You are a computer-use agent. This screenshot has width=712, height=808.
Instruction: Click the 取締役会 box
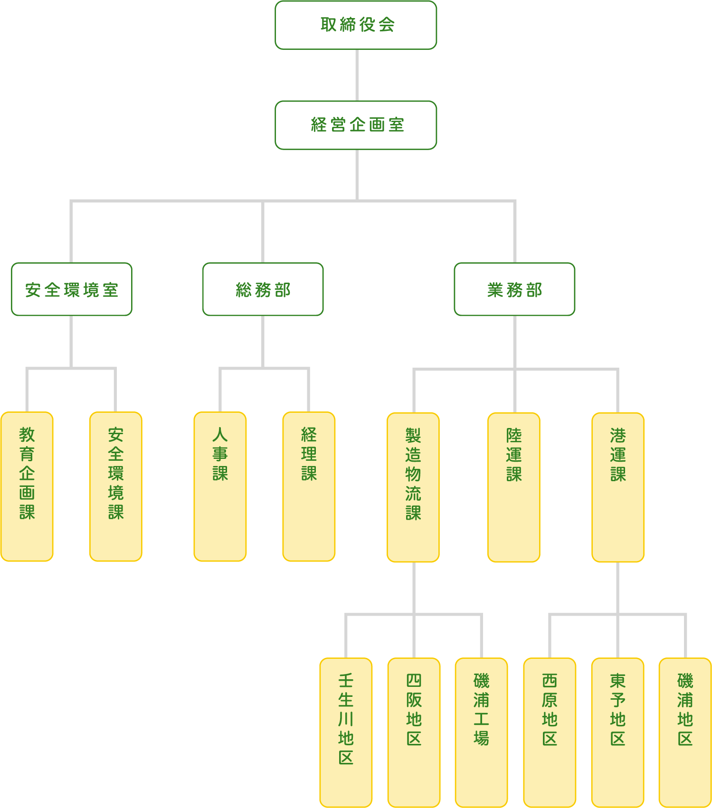coord(356,25)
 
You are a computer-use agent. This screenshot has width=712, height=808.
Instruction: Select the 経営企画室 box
coord(356,125)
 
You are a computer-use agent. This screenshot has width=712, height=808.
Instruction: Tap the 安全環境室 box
coord(72,289)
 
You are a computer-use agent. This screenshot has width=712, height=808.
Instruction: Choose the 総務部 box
coord(263,289)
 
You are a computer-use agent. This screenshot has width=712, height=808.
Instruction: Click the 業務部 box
coord(514,289)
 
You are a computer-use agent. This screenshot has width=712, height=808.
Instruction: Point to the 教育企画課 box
coord(27,486)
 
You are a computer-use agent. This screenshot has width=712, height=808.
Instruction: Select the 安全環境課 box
coord(116,486)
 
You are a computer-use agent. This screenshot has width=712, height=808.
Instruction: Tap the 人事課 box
coord(220,486)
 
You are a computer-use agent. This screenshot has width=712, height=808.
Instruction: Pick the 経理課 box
coord(309,486)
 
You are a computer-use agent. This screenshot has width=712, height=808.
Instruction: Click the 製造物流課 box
coord(413,487)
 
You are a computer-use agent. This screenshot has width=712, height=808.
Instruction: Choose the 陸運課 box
coord(514,487)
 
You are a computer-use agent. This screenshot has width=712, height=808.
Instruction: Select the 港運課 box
coord(618,487)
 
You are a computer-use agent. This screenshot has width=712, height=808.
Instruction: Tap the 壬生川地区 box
coord(346,732)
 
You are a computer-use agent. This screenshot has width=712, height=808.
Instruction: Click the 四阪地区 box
coord(414,732)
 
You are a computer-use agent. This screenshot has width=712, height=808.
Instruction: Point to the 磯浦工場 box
coord(481,732)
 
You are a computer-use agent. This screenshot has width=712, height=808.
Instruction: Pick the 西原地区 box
coord(550,732)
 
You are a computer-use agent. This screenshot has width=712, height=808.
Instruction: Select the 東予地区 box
coord(617,732)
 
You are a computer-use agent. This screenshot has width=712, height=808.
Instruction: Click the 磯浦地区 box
coord(685,732)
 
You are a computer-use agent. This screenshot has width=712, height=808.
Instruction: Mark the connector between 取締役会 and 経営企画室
coord(357,75)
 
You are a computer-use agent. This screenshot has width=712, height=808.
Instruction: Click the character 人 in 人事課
coord(220,435)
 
